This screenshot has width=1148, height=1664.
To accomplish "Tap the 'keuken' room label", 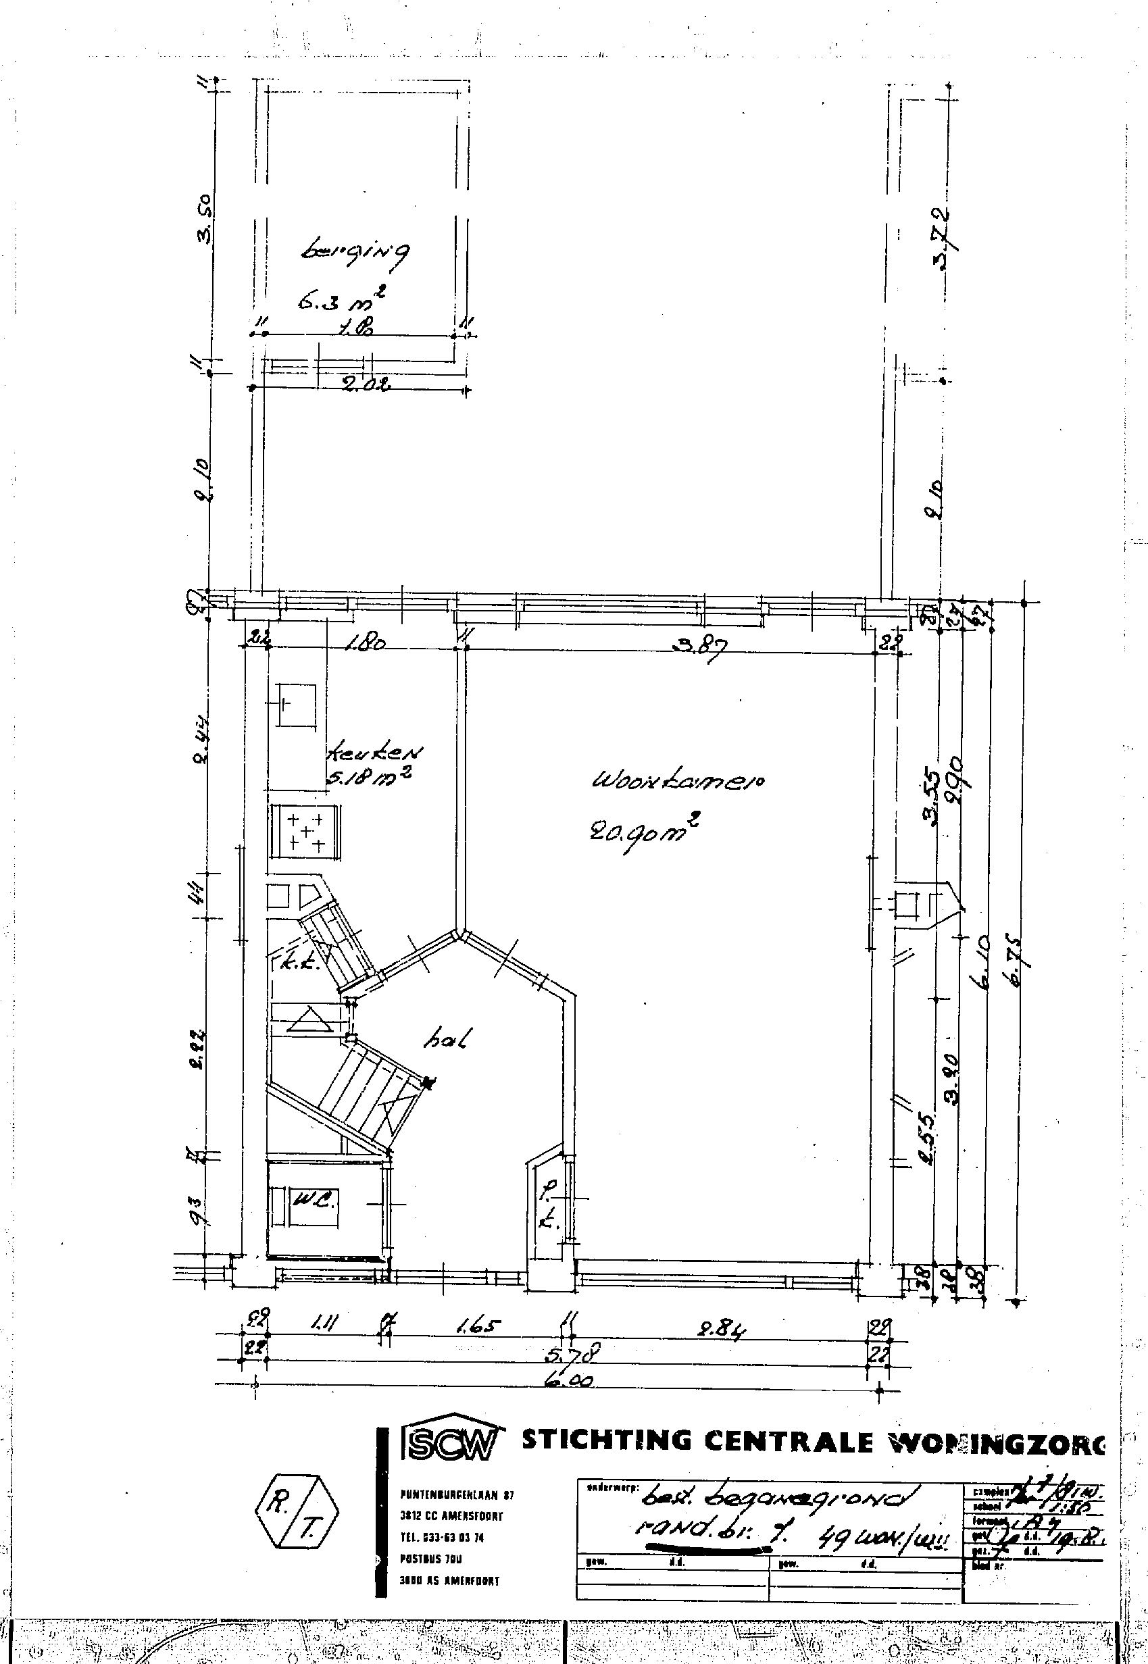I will click(x=375, y=753).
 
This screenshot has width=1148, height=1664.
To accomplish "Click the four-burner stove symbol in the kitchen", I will click(x=305, y=831).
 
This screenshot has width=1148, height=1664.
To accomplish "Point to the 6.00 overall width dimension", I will click(x=568, y=1383).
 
